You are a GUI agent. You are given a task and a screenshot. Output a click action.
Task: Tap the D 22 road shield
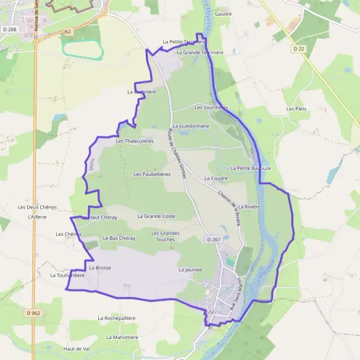click(299, 48)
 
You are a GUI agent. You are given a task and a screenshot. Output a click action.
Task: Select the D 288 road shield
click(8, 29)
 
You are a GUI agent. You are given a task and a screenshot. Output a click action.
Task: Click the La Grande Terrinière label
click(200, 53)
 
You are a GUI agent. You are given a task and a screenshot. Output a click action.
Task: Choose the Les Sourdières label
click(211, 107)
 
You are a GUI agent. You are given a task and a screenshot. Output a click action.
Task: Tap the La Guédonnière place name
click(190, 126)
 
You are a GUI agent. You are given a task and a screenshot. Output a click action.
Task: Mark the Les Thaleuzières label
click(134, 141)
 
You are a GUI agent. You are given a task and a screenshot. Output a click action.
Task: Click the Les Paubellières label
click(152, 174)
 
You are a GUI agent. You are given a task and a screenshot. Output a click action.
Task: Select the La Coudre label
click(216, 178)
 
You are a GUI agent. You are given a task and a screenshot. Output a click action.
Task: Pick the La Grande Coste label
click(156, 216)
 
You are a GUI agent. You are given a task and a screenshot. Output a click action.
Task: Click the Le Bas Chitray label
click(119, 238)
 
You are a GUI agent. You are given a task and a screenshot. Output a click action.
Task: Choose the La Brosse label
click(100, 268)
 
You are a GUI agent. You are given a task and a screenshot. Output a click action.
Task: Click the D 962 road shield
click(34, 313)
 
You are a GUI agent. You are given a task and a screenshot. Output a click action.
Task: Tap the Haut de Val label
click(76, 349)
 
